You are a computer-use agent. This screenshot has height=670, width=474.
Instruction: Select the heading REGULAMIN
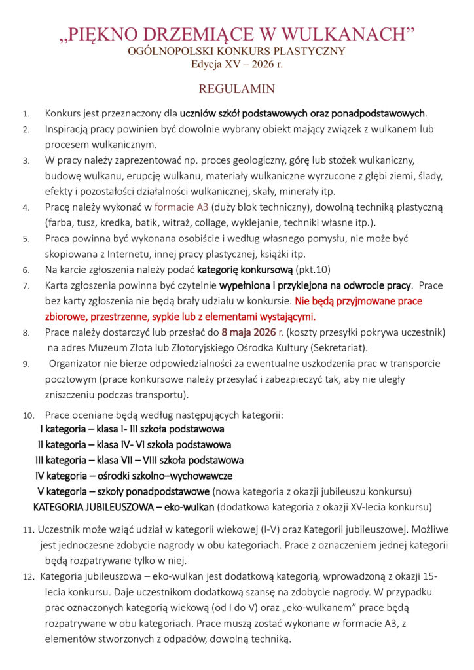pos(236,88)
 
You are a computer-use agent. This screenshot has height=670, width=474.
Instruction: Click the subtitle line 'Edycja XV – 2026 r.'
pos(236,64)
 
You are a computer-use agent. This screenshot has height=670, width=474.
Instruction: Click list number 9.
pos(26,364)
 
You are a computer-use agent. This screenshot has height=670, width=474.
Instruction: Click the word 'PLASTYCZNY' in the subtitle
pos(310,50)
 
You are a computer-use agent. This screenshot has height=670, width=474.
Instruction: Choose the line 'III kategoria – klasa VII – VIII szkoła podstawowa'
pos(139,460)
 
